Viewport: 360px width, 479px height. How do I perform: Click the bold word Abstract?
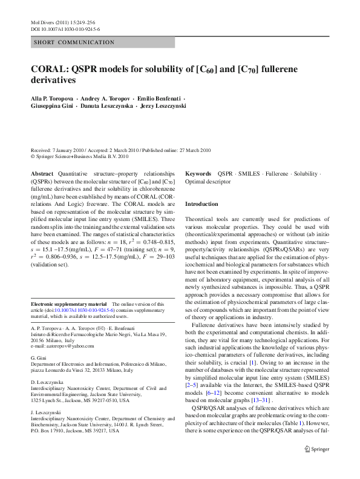[42, 173]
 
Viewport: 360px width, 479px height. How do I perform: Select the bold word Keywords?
[198, 173]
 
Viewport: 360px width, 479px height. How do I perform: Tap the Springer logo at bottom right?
[318, 466]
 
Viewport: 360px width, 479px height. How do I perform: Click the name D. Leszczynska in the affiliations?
[47, 383]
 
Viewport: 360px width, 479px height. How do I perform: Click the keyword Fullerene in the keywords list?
[277, 173]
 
